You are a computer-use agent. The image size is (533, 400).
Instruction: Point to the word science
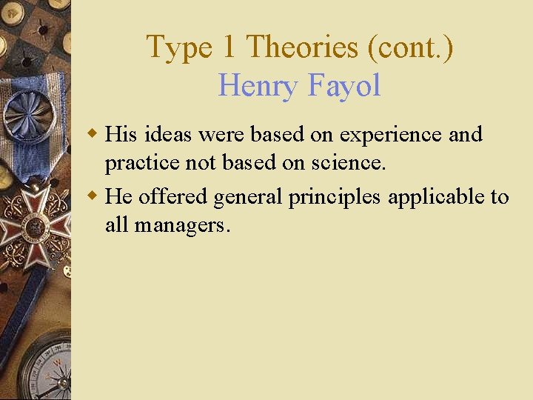point(351,163)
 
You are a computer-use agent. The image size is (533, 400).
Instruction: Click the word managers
point(182,224)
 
